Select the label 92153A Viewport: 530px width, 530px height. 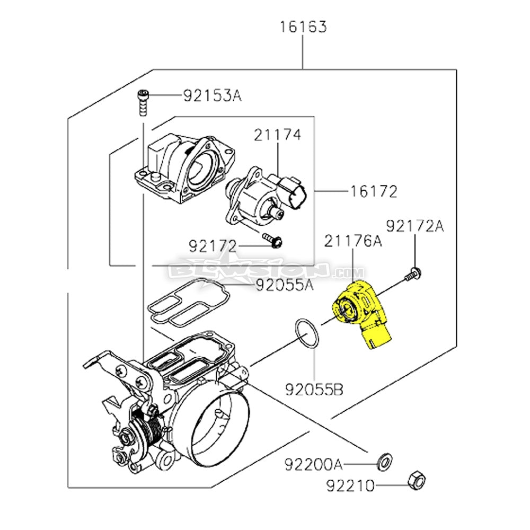(x=212, y=96)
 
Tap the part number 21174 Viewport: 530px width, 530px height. (x=277, y=135)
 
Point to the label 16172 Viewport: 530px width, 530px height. (x=373, y=191)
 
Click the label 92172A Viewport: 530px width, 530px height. (x=414, y=226)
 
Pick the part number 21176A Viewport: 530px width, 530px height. (x=353, y=241)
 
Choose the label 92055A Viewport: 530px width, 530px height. (x=285, y=286)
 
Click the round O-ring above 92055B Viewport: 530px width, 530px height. (x=307, y=334)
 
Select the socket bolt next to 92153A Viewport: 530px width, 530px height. (x=142, y=102)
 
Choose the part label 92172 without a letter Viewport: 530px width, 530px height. (x=212, y=246)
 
